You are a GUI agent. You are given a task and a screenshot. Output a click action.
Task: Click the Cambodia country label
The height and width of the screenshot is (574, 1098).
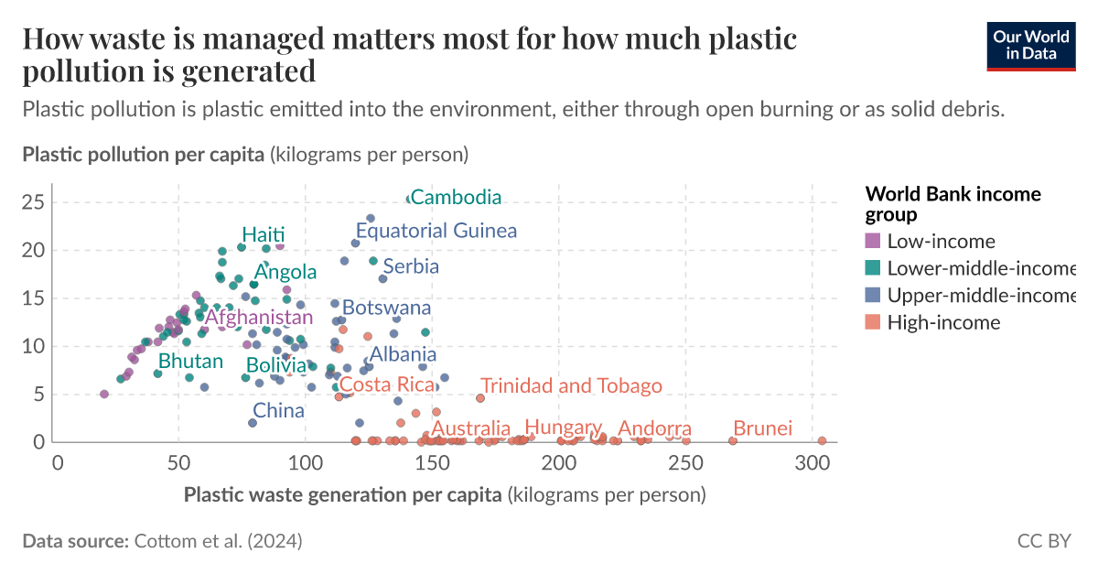[x=457, y=197]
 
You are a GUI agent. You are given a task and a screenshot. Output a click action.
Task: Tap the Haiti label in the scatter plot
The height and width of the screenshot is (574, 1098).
[x=264, y=234]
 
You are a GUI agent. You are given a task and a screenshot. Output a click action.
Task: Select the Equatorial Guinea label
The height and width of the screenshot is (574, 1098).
[x=436, y=231]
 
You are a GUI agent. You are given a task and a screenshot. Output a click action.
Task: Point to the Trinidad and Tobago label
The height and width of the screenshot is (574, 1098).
[x=571, y=386]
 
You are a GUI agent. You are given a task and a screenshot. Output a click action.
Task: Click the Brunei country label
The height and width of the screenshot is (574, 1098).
[x=762, y=429]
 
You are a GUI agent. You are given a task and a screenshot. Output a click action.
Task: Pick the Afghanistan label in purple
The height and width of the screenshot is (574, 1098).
[x=259, y=318]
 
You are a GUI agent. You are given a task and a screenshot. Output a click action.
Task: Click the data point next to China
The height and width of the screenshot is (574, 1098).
[x=253, y=422]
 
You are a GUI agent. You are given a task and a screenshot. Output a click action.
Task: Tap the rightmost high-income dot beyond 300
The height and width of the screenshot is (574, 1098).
[x=822, y=440]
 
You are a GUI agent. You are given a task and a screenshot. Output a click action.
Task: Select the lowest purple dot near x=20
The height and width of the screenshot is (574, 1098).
[x=104, y=394]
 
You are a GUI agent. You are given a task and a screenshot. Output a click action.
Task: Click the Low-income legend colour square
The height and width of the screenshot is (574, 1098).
[x=873, y=242]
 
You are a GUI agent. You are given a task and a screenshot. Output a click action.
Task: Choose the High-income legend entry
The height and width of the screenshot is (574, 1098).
[x=943, y=322]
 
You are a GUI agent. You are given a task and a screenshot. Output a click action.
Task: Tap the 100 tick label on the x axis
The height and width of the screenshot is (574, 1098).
[x=305, y=462]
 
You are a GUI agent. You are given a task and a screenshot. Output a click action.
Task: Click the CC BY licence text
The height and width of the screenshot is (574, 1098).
[x=1043, y=541]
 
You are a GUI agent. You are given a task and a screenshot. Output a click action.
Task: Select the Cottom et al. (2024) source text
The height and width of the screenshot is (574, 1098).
[x=218, y=541]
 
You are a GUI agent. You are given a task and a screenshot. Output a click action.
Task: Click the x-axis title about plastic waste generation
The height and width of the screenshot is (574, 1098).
[x=445, y=495]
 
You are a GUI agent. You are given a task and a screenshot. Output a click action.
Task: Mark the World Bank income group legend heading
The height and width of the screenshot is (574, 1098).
[x=953, y=203]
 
